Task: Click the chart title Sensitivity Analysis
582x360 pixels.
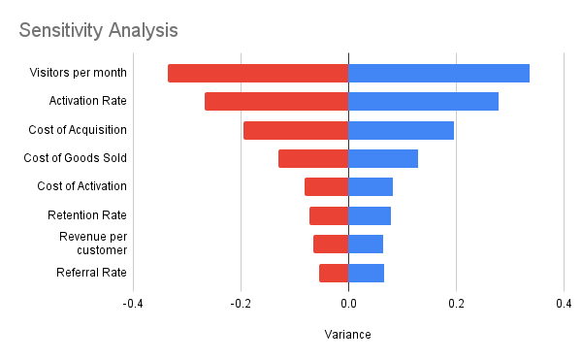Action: coord(98,30)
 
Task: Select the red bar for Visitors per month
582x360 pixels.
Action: coord(258,73)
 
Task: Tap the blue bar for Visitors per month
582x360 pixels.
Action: coord(438,73)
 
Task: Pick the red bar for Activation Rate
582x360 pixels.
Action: coord(276,101)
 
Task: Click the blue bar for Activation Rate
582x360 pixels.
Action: coord(423,101)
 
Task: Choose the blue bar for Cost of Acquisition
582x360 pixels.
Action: coord(401,130)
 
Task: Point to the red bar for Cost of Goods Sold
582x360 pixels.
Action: coord(313,158)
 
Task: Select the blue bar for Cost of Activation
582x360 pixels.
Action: coord(371,187)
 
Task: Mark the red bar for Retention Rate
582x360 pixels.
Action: coord(329,215)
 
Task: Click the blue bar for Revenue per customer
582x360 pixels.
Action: coord(366,244)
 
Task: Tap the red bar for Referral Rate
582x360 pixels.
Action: coord(334,273)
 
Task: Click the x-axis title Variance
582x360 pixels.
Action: coord(347,335)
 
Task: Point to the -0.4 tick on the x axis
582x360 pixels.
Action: coord(133,304)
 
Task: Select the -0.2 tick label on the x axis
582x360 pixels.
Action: coord(241,304)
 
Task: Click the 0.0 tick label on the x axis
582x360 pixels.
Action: coord(348,304)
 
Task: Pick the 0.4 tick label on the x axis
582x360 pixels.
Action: coord(564,304)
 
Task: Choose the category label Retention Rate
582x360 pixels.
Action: coord(86,215)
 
